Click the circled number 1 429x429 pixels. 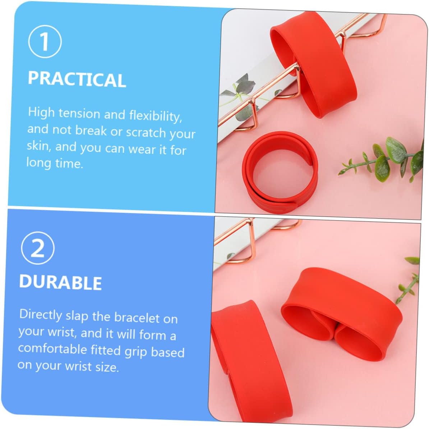45,41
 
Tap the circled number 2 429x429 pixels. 38,248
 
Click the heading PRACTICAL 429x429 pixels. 77,79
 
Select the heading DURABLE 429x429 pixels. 60,282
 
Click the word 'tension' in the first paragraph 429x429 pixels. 79,113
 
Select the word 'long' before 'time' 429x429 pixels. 38,163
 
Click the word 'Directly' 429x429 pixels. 41,315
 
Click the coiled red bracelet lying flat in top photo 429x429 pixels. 280,173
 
